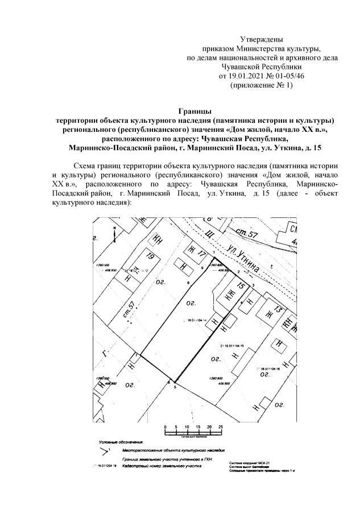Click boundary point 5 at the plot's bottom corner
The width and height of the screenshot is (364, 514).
(175, 387)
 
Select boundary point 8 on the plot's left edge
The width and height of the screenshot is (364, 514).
(188, 283)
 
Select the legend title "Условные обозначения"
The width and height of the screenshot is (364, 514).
(121, 442)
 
